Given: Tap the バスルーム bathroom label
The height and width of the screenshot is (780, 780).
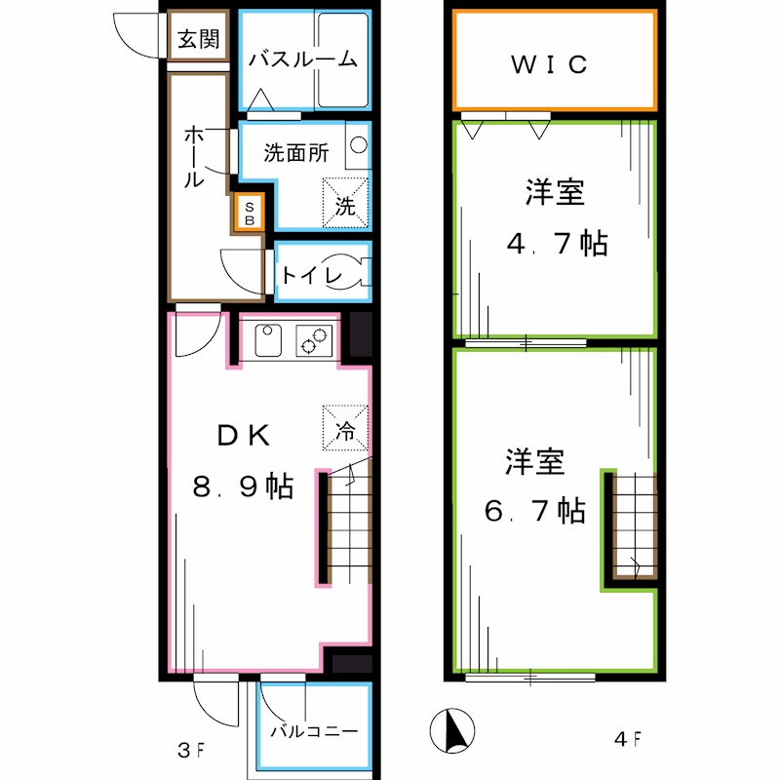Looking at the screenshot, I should click(301, 59).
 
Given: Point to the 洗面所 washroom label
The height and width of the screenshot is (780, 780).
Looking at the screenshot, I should click(296, 153).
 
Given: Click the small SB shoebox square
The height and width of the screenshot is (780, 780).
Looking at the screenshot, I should click(250, 213).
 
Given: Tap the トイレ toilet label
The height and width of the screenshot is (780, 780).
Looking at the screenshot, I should click(311, 276).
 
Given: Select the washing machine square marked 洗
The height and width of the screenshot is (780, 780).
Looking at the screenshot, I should click(346, 203).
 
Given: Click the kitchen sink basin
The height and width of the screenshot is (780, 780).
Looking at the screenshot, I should click(268, 341).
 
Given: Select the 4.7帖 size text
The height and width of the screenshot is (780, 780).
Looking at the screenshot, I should click(556, 243).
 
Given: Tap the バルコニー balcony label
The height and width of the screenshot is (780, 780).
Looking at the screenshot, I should click(314, 730).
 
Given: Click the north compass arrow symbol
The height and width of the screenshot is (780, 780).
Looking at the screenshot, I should click(452, 730).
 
